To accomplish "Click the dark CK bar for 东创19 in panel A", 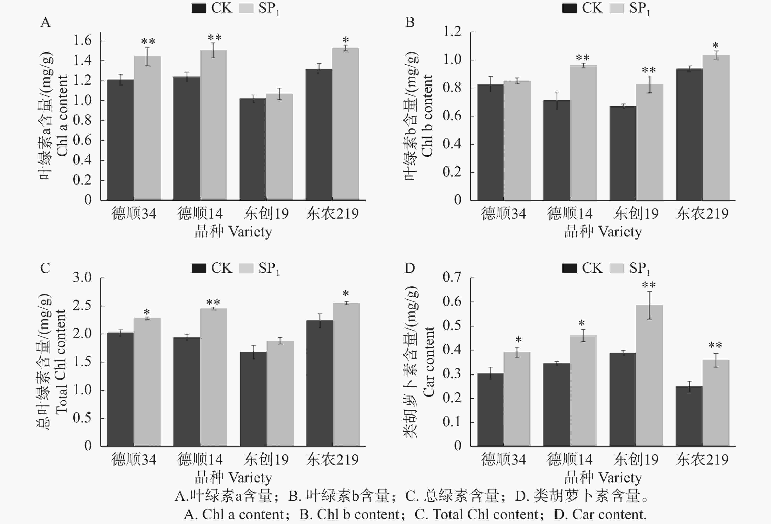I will coord(253,149).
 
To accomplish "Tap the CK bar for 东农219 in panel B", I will coord(689,134).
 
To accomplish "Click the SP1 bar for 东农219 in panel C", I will coord(346,374).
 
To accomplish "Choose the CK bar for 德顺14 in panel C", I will coord(187,392).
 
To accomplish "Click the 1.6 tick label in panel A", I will coord(82,41).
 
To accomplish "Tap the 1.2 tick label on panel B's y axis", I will coord(452,32).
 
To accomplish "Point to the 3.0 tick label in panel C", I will coord(82,278).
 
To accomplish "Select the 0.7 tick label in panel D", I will coord(452,277).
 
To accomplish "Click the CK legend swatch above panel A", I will coord(199,8).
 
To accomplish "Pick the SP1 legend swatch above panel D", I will coord(617,268).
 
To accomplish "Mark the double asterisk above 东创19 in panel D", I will coord(649,285).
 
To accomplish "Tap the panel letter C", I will coord(45,268).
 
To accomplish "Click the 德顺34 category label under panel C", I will coord(134,460).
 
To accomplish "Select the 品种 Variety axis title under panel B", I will coord(603,232).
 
